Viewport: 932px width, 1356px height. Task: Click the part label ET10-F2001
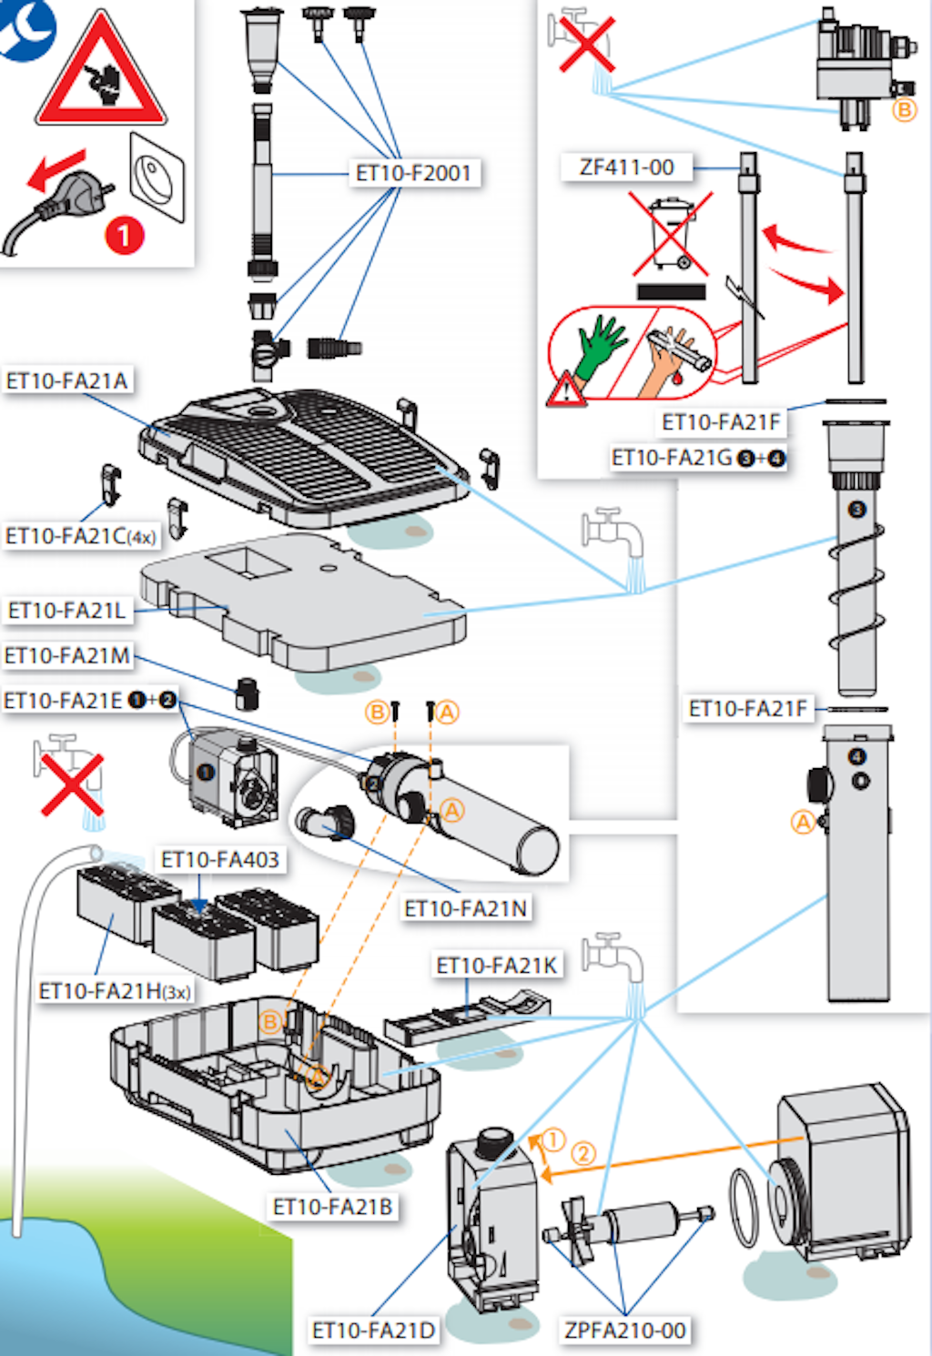[414, 173]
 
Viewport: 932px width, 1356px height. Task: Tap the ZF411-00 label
[626, 167]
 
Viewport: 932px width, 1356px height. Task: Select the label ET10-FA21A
[66, 380]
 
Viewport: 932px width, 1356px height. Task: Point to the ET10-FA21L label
[66, 610]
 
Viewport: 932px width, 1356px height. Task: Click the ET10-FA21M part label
[67, 655]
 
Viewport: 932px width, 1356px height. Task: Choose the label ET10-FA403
[219, 859]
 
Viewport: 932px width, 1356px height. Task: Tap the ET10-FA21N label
[465, 908]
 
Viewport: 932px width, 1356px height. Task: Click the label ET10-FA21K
[497, 966]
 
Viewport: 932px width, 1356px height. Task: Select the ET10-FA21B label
[333, 1207]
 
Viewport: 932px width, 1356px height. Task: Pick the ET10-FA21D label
[373, 1331]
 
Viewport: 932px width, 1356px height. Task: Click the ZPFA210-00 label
[625, 1331]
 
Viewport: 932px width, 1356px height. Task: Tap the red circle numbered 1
[125, 236]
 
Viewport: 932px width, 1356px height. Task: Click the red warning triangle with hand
[101, 75]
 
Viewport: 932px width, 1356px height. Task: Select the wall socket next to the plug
[157, 177]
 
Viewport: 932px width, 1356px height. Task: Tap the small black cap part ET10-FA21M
[247, 693]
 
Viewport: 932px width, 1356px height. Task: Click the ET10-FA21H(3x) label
[115, 991]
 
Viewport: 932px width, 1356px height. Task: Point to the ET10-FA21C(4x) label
[80, 536]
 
